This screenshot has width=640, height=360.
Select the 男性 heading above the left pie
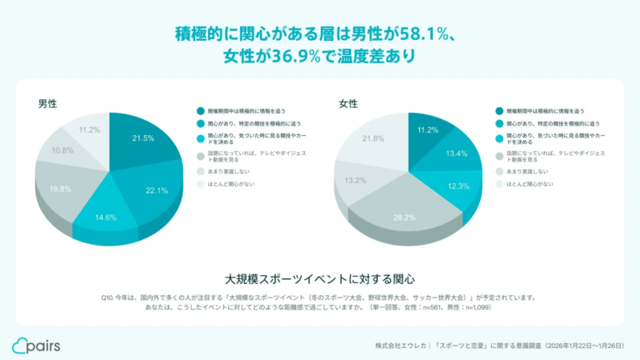(47, 103)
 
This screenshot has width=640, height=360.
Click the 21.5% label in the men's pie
(143, 138)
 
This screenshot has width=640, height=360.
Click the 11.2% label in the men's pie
(89, 130)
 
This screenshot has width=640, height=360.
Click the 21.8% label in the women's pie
(372, 138)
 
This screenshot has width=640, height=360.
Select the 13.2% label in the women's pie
(355, 179)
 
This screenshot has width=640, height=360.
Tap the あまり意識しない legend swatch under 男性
(200, 171)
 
